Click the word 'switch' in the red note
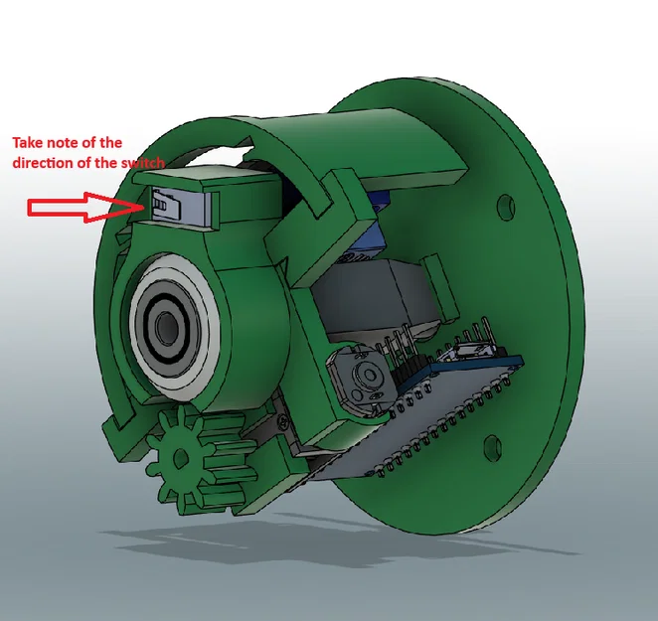(x=143, y=163)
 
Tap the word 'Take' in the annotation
(x=27, y=143)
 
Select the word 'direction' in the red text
(x=41, y=163)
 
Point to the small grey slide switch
(x=166, y=204)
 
